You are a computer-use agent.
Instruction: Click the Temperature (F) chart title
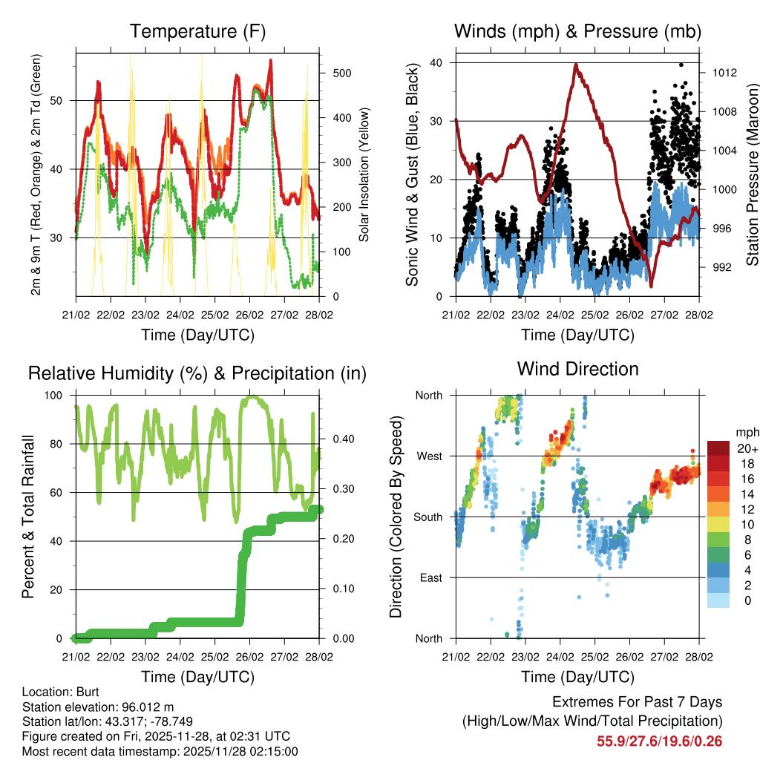click(197, 32)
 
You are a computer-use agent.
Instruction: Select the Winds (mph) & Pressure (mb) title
click(577, 32)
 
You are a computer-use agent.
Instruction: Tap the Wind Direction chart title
click(577, 369)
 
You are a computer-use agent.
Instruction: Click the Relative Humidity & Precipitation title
click(197, 373)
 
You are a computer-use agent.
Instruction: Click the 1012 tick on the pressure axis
click(723, 73)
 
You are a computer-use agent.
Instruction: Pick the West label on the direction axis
click(428, 456)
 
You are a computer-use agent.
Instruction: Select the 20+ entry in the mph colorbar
click(747, 448)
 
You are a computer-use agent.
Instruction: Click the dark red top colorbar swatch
click(718, 448)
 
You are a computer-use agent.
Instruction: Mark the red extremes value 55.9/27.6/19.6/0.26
click(659, 741)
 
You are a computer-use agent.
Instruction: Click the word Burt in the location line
click(77, 692)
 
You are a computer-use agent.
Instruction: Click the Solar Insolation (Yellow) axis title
click(364, 174)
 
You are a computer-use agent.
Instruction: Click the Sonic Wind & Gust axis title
click(413, 174)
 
